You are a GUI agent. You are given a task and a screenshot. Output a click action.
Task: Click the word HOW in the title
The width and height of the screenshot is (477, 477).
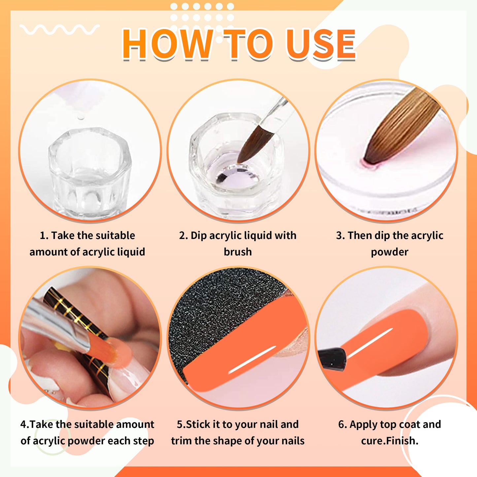(167, 44)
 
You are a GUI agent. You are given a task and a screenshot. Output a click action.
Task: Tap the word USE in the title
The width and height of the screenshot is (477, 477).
(321, 44)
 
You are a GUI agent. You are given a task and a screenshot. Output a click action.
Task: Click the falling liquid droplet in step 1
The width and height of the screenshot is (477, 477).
(80, 118)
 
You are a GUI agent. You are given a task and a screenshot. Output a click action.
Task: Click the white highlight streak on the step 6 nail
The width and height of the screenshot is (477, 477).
(370, 343)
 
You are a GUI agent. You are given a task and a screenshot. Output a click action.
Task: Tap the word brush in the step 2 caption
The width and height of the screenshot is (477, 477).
(238, 252)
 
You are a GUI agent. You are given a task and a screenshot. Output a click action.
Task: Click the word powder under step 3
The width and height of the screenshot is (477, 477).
(390, 252)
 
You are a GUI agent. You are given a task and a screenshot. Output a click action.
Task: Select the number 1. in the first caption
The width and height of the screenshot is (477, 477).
(44, 236)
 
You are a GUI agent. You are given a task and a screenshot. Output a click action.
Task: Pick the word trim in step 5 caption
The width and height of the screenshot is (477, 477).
(182, 441)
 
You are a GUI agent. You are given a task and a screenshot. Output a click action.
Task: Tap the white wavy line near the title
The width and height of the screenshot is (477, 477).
(59, 29)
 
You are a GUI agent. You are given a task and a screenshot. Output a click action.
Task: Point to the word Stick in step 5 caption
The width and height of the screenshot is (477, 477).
(199, 424)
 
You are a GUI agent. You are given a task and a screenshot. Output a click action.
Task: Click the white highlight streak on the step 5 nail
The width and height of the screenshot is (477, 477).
(253, 360)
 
